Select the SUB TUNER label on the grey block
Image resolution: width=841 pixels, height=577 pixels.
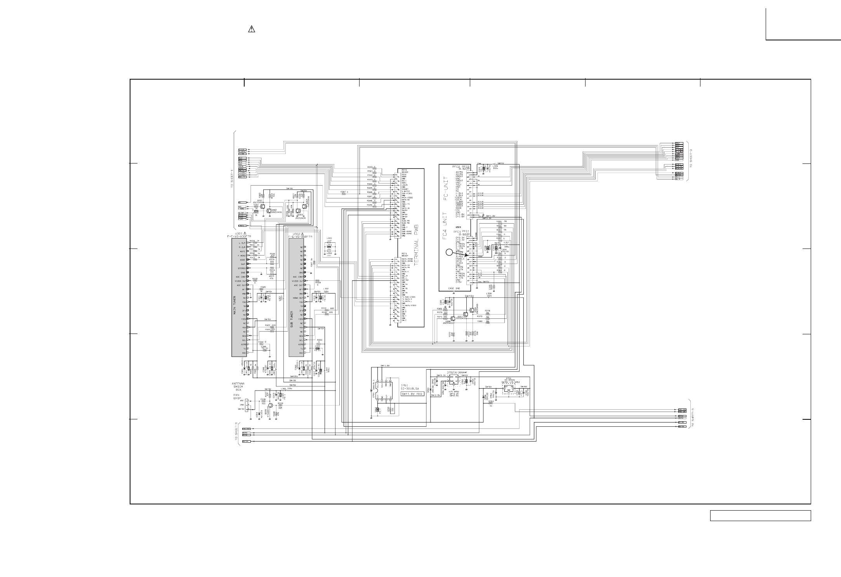(292, 319)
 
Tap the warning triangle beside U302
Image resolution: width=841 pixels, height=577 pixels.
(302, 234)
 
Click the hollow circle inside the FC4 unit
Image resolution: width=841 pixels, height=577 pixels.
(449, 252)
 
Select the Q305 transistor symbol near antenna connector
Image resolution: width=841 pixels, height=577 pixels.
(270, 406)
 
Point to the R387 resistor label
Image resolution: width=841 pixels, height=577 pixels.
(342, 192)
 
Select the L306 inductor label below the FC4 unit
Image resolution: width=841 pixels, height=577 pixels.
(488, 294)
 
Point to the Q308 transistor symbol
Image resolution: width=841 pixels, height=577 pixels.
(452, 318)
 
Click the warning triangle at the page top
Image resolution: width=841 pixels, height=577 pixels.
(251, 30)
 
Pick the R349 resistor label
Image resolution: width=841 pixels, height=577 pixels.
(370, 205)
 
